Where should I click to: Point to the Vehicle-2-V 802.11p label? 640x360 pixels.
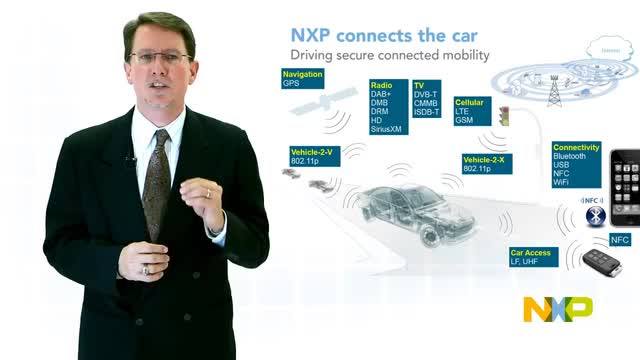click(x=313, y=155)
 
